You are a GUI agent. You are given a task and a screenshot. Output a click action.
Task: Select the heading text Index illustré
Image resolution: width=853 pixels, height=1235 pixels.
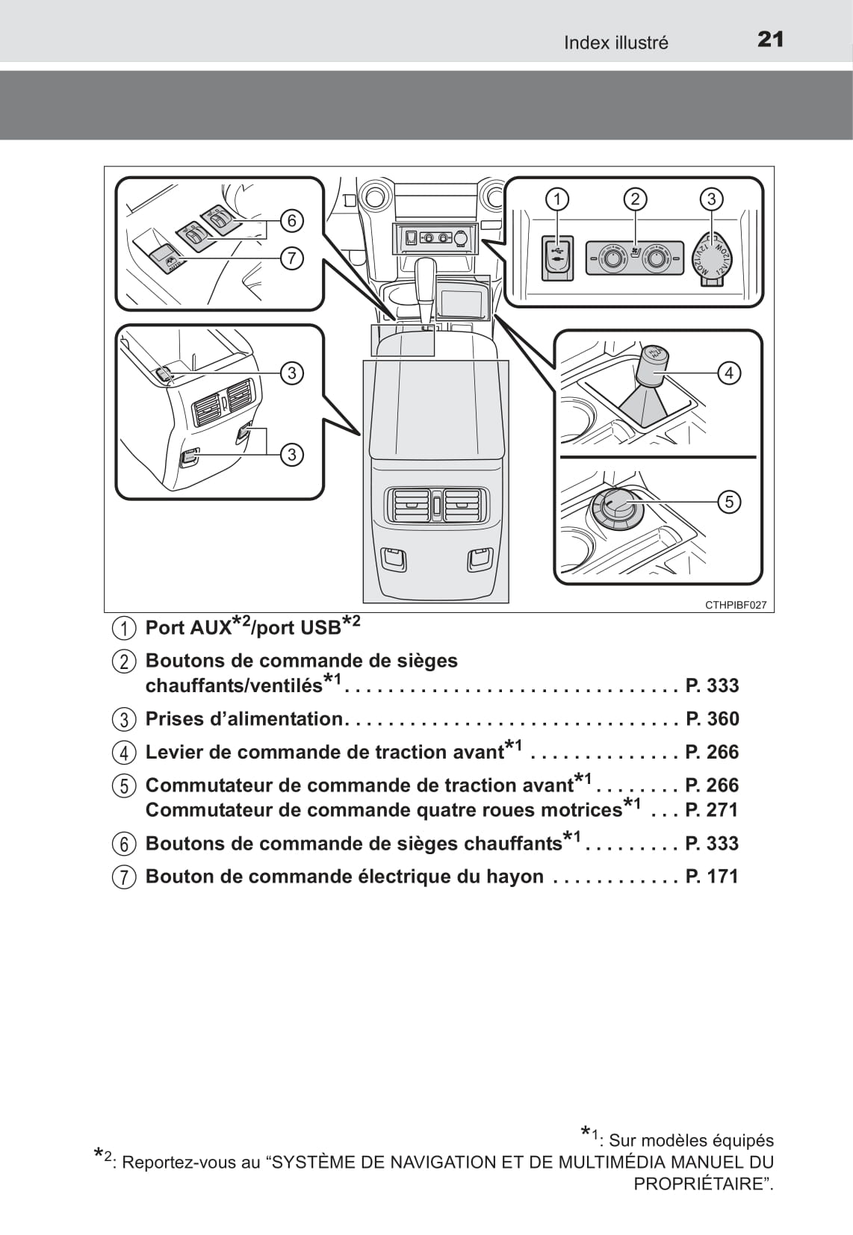(615, 43)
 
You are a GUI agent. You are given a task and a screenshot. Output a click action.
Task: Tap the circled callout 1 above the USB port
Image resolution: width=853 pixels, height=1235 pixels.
(556, 199)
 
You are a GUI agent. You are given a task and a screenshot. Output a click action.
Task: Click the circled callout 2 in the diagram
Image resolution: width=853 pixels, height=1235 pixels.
(635, 199)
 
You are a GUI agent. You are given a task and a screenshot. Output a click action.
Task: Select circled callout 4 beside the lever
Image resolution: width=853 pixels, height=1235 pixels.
(728, 373)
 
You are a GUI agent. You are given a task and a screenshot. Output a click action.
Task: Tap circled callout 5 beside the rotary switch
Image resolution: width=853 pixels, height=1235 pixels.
(729, 501)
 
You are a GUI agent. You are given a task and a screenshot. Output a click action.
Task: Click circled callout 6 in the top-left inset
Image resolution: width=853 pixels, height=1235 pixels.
(291, 220)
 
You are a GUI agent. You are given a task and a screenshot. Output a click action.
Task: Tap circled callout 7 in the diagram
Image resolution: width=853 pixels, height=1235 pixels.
(291, 258)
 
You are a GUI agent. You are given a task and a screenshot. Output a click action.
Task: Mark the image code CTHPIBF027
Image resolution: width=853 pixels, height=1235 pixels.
(736, 606)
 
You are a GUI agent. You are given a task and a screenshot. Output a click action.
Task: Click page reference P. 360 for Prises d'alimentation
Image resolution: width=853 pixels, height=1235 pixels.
(712, 719)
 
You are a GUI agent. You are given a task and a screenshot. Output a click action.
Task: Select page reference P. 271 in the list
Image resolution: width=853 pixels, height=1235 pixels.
(712, 810)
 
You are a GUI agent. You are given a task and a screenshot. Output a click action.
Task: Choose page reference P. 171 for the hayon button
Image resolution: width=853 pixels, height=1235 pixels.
(712, 877)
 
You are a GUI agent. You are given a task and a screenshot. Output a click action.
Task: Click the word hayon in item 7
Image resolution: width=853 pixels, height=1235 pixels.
(515, 877)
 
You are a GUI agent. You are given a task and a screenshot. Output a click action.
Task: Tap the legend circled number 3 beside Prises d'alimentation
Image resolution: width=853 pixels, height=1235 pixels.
(125, 720)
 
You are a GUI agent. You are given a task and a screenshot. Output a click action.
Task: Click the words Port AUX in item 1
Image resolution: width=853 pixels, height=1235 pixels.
(188, 628)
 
